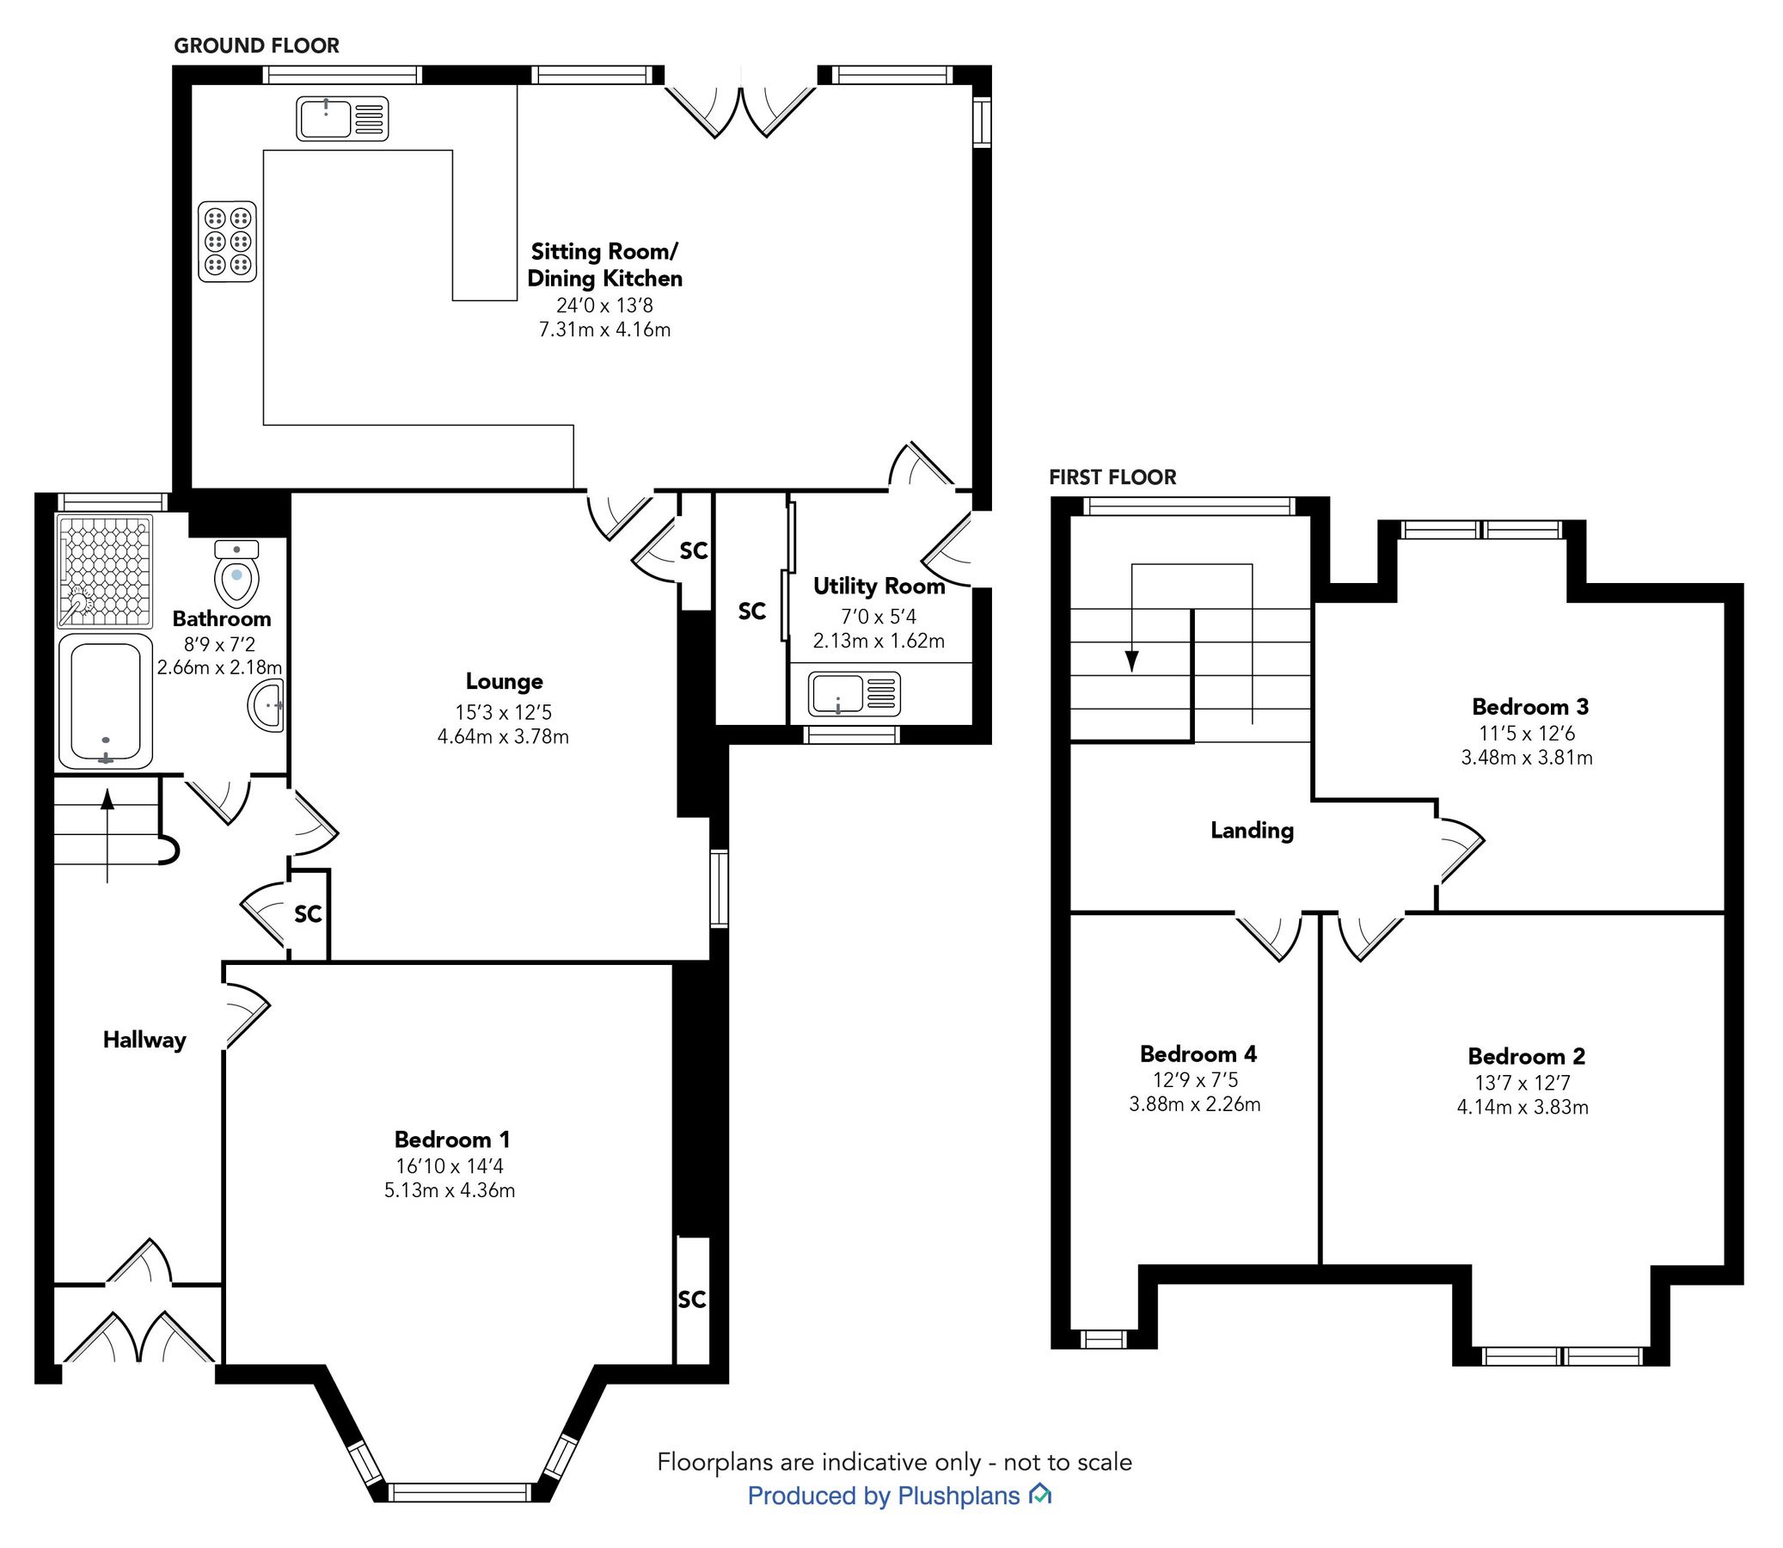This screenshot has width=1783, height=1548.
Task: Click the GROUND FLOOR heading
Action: click(x=256, y=46)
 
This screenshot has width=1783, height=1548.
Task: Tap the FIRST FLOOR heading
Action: click(x=1112, y=476)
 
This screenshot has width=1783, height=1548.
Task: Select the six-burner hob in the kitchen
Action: click(x=228, y=241)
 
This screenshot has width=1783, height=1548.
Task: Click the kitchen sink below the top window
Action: click(x=342, y=119)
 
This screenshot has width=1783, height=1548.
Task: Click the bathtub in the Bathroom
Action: click(x=106, y=703)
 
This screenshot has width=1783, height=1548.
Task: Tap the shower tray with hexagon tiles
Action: click(x=105, y=571)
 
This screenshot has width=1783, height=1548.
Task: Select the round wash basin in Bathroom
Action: click(x=267, y=705)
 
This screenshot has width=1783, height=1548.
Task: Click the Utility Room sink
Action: click(x=854, y=695)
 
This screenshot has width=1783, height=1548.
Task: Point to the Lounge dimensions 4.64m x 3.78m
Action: click(x=503, y=737)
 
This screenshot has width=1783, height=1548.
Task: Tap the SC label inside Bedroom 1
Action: click(x=691, y=1299)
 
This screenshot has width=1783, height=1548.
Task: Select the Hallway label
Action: click(x=144, y=1039)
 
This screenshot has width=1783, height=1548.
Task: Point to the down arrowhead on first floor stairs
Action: click(x=1132, y=661)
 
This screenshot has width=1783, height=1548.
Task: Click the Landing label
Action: click(x=1251, y=830)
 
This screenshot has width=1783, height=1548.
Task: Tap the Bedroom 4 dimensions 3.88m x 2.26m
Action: click(x=1194, y=1104)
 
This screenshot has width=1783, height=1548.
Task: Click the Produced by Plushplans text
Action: click(x=884, y=1496)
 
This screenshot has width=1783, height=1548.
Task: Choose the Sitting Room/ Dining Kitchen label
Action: click(x=604, y=264)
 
